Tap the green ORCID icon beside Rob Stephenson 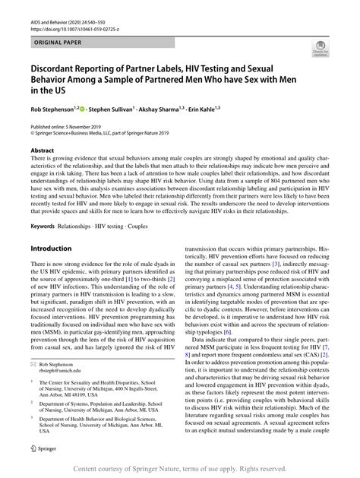pos(91,109)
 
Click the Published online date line pos(75,126)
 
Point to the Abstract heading pos(42,151)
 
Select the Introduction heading pos(55,248)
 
